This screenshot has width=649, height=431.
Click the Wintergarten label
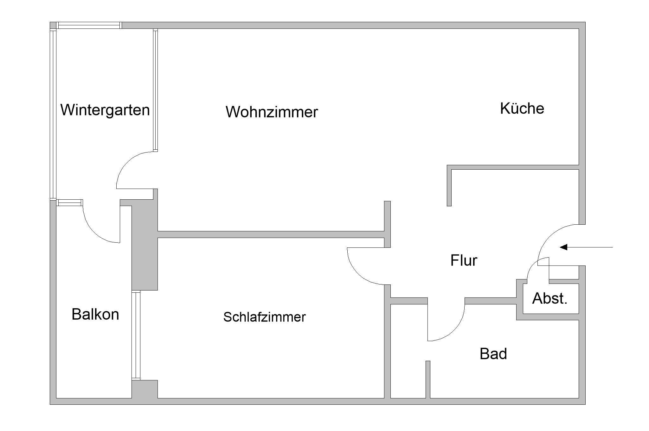pyautogui.click(x=105, y=110)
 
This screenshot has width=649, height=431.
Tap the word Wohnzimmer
pyautogui.click(x=272, y=112)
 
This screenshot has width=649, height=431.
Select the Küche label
pyautogui.click(x=522, y=109)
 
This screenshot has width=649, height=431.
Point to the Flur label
pyautogui.click(x=464, y=261)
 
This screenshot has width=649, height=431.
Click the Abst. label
pyautogui.click(x=549, y=298)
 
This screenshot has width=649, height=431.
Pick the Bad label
pyautogui.click(x=493, y=354)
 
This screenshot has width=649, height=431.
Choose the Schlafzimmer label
pyautogui.click(x=264, y=317)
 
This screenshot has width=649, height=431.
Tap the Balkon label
pyautogui.click(x=95, y=314)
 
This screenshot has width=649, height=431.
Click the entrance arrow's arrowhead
pyautogui.click(x=563, y=247)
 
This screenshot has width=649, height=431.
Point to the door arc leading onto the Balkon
pyautogui.click(x=93, y=232)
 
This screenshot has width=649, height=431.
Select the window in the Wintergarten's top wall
pyautogui.click(x=89, y=25)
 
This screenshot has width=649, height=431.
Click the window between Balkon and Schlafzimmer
pyautogui.click(x=136, y=335)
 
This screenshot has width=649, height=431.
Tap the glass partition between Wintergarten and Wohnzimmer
pyautogui.click(x=155, y=90)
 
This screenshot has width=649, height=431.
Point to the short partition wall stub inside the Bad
pyautogui.click(x=428, y=379)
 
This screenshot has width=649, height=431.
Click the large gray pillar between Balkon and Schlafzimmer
pyautogui.click(x=145, y=247)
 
